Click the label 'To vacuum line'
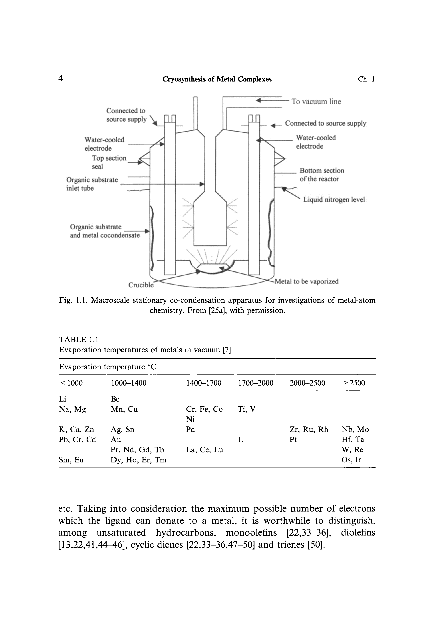(x=316, y=102)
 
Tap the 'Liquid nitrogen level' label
(x=334, y=200)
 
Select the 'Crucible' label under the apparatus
(x=141, y=285)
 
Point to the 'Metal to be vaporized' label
(x=306, y=281)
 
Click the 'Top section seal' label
(x=109, y=162)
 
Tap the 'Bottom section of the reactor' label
(x=322, y=175)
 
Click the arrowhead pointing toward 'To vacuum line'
(x=259, y=101)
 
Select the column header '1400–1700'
(x=203, y=383)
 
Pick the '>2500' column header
(x=354, y=383)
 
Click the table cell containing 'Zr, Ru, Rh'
(x=309, y=430)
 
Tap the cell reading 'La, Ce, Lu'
(x=204, y=450)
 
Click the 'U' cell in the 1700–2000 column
(x=240, y=440)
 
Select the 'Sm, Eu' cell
(x=71, y=460)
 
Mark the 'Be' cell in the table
(x=115, y=399)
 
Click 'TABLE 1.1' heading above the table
(x=78, y=339)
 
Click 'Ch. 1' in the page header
(x=366, y=79)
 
